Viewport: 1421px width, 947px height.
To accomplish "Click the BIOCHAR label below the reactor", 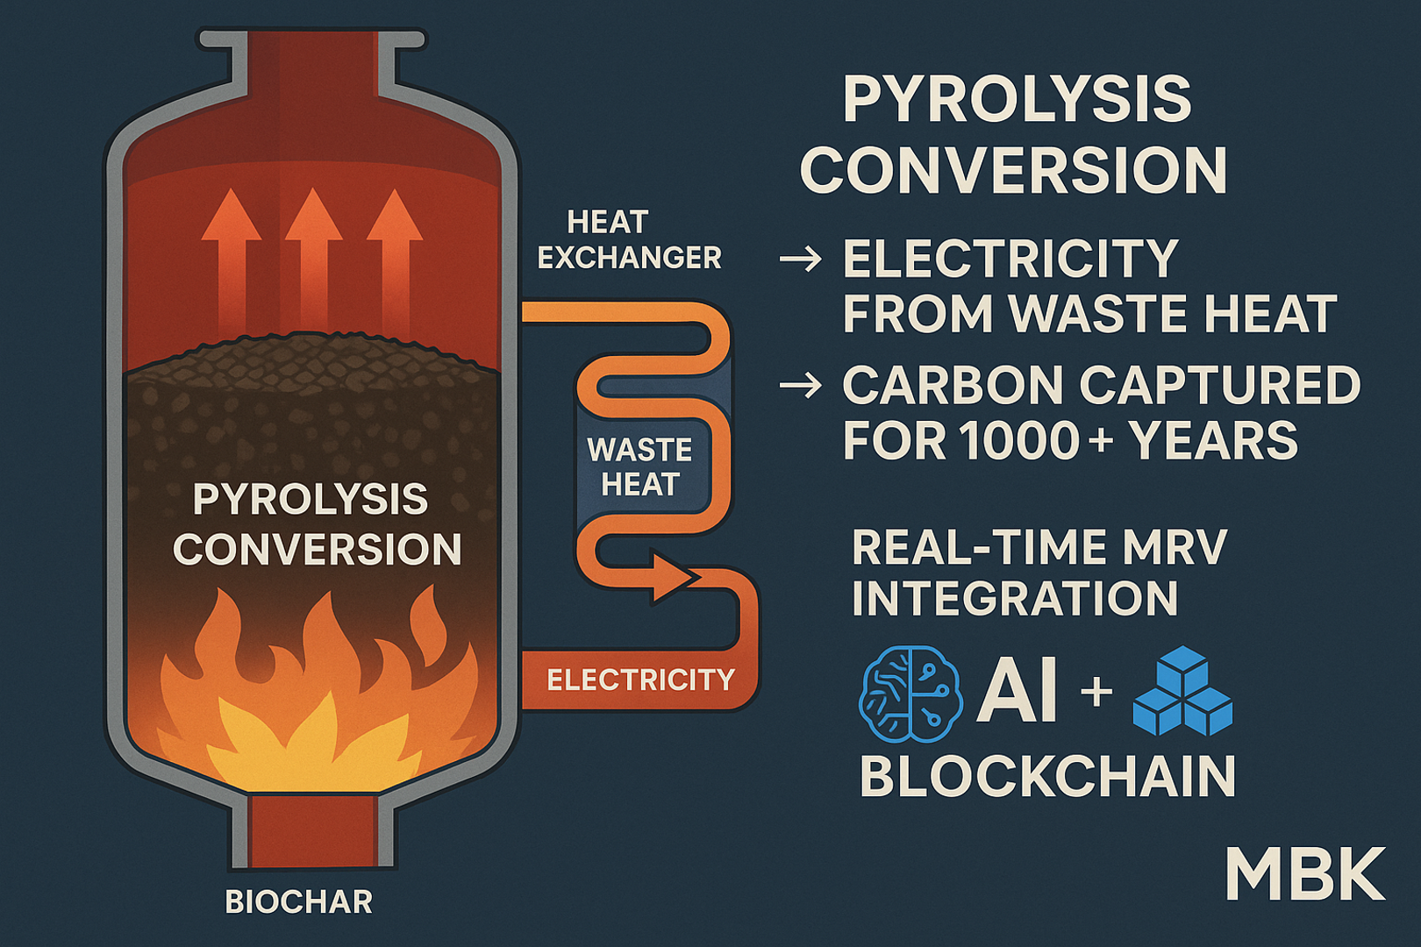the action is click(299, 901).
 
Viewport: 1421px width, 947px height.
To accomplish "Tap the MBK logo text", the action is click(1305, 874).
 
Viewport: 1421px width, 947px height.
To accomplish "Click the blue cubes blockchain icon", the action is click(1182, 691).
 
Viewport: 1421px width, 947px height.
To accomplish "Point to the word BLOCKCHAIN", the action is click(1047, 777).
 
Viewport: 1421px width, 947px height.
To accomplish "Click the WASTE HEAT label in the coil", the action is click(639, 466).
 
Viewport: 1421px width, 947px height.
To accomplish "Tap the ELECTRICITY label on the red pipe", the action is click(640, 680).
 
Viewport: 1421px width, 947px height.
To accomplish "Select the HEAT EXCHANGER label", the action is click(630, 240).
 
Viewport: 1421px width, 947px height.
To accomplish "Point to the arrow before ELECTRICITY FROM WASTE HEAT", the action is click(800, 259).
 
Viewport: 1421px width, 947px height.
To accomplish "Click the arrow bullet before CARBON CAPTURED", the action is click(800, 385).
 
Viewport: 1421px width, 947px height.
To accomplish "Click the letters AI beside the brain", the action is click(1018, 691).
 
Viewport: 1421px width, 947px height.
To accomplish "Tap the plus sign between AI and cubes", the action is click(1096, 691).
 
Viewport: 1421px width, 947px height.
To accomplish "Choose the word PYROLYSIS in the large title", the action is click(1018, 100).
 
